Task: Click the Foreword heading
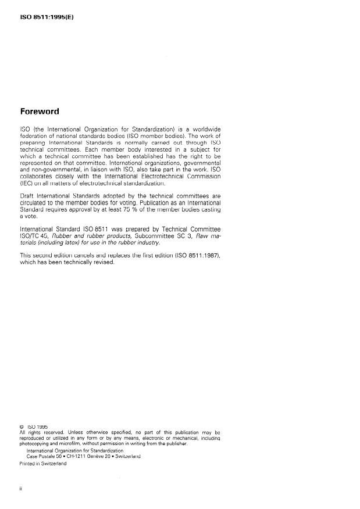(x=44, y=112)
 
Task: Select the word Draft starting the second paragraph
(x=28, y=196)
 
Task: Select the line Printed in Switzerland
(x=42, y=463)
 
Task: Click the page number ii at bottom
(x=21, y=489)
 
